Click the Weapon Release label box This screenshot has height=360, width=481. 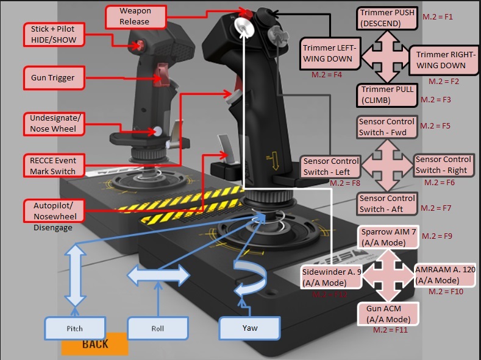pos(134,16)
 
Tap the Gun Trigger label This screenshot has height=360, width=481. pos(52,78)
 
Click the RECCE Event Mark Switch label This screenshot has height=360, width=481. pos(53,166)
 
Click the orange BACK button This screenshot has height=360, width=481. pos(94,344)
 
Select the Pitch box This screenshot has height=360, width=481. pos(74,328)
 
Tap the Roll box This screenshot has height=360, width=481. pos(158,328)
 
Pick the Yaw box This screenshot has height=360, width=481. pos(249,328)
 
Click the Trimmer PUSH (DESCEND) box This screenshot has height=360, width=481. pos(388,18)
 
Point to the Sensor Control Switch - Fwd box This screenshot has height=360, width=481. pos(387,127)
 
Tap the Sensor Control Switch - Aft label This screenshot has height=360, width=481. pos(387,203)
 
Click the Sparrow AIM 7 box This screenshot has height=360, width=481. pos(388,237)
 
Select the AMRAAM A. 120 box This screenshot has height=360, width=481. pos(444,275)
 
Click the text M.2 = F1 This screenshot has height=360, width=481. pos(438,16)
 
